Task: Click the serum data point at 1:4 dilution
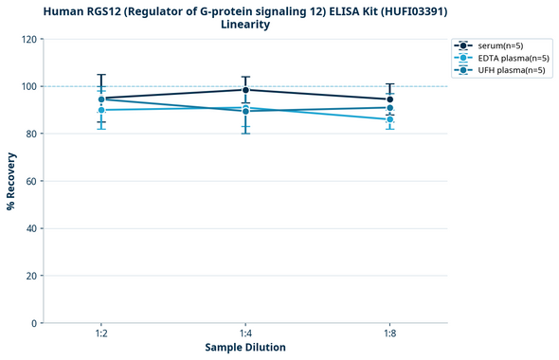point(245,90)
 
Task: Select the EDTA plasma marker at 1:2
point(101,110)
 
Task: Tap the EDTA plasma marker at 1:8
point(389,119)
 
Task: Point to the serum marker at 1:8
point(389,99)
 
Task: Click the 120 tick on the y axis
point(28,39)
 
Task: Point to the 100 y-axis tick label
point(28,86)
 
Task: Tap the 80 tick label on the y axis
point(31,134)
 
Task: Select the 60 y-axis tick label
point(31,181)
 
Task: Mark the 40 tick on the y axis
point(31,228)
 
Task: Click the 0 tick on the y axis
point(34,323)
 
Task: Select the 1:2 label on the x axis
point(101,333)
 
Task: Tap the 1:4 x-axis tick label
point(245,333)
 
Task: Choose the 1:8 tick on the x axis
point(389,333)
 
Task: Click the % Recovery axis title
point(11,181)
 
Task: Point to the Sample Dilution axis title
point(245,348)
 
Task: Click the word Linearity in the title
point(245,25)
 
